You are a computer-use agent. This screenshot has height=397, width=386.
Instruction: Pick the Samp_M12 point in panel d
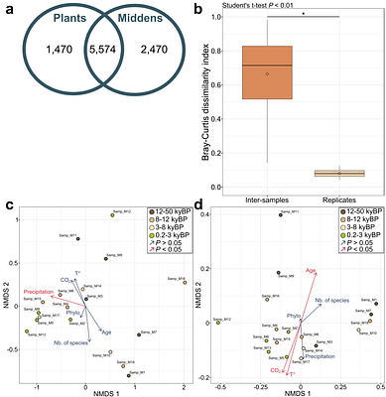pos(218,323)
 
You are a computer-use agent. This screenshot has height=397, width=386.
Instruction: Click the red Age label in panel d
pos(311,270)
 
